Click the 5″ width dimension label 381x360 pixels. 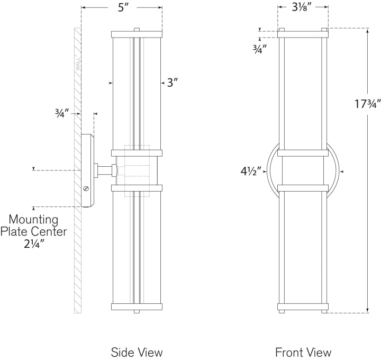pos(122,8)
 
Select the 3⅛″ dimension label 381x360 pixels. pos(302,8)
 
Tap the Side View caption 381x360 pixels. pos(137,352)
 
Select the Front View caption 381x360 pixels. pos(303,352)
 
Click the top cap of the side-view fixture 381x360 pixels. pos(137,34)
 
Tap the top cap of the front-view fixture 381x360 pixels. pos(303,34)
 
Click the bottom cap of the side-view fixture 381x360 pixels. pos(137,306)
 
